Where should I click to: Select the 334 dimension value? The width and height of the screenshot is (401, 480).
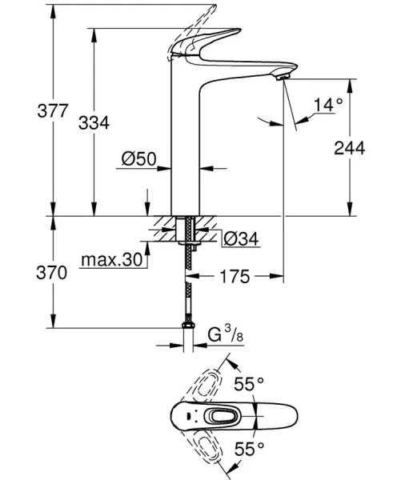(x=94, y=122)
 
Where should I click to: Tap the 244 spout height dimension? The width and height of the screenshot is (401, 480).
(x=350, y=147)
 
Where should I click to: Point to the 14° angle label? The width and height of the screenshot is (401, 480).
(x=327, y=104)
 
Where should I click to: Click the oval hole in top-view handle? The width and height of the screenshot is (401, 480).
(x=217, y=415)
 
